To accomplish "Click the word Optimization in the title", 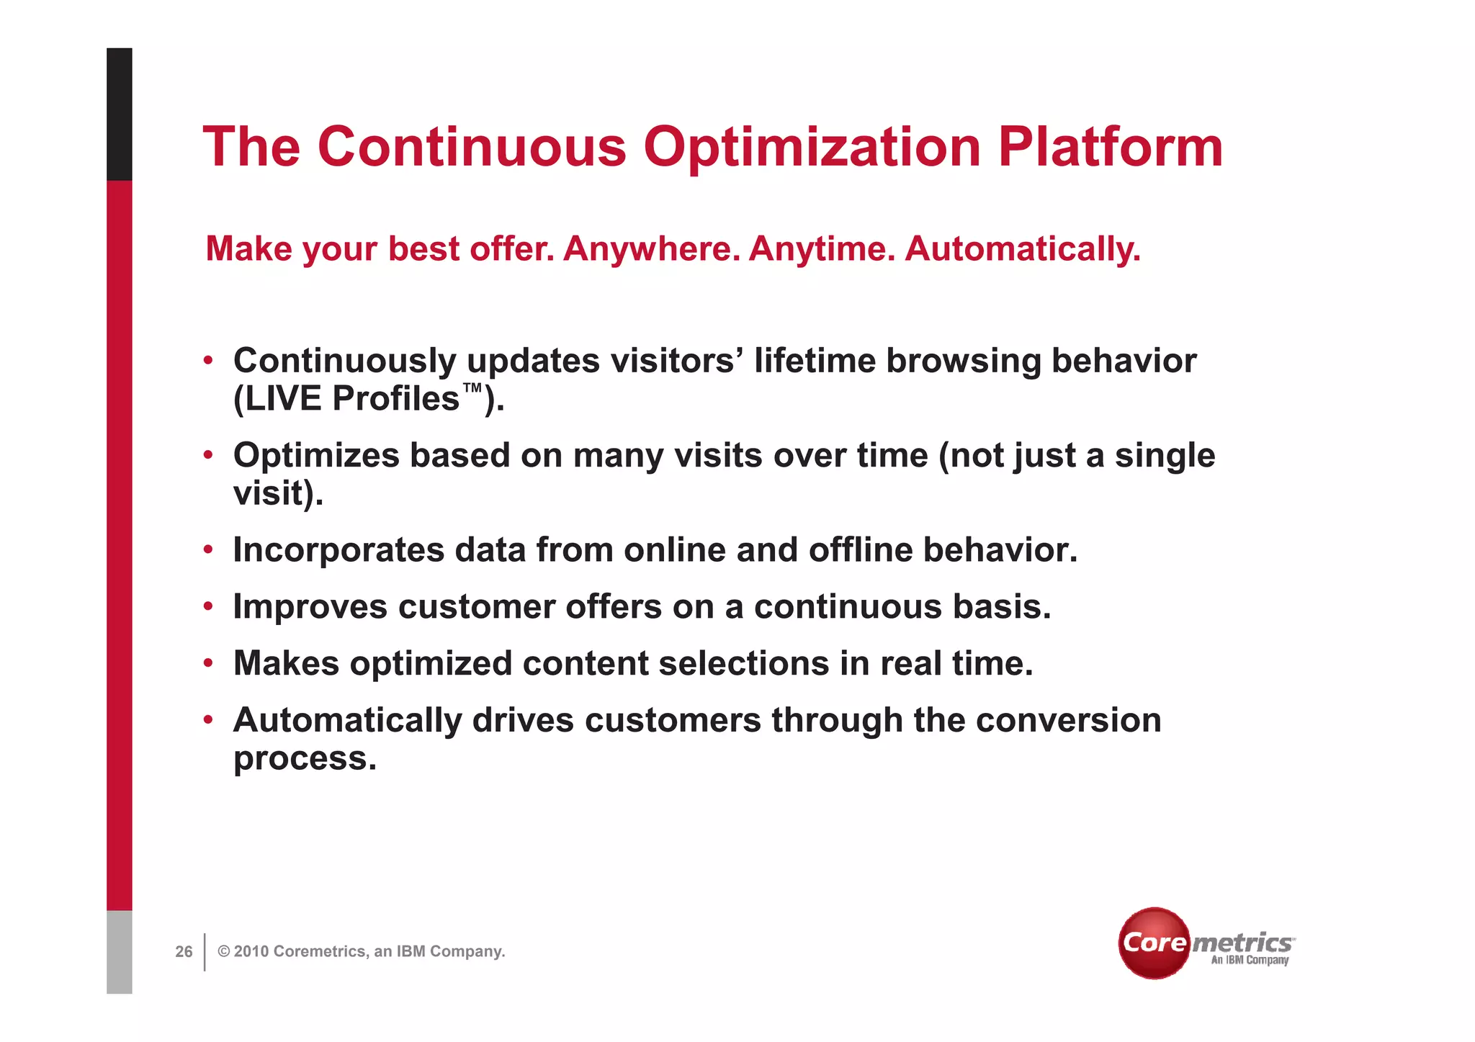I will (x=812, y=148).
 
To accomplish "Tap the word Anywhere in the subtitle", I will (x=650, y=249).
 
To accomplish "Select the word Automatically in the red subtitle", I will (x=1022, y=249).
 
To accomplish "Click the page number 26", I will (x=184, y=952).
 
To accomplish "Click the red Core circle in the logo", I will (x=1155, y=943).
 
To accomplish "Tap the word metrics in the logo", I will (x=1242, y=943).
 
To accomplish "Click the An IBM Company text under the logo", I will (x=1250, y=961).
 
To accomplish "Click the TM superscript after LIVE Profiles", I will (x=472, y=389).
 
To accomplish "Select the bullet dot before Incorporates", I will (x=208, y=550).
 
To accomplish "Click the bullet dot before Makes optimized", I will (x=208, y=663).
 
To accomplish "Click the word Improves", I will (x=310, y=607).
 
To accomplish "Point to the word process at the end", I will (x=304, y=760).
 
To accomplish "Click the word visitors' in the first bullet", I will (x=676, y=361).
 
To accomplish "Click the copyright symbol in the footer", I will (x=224, y=952).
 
